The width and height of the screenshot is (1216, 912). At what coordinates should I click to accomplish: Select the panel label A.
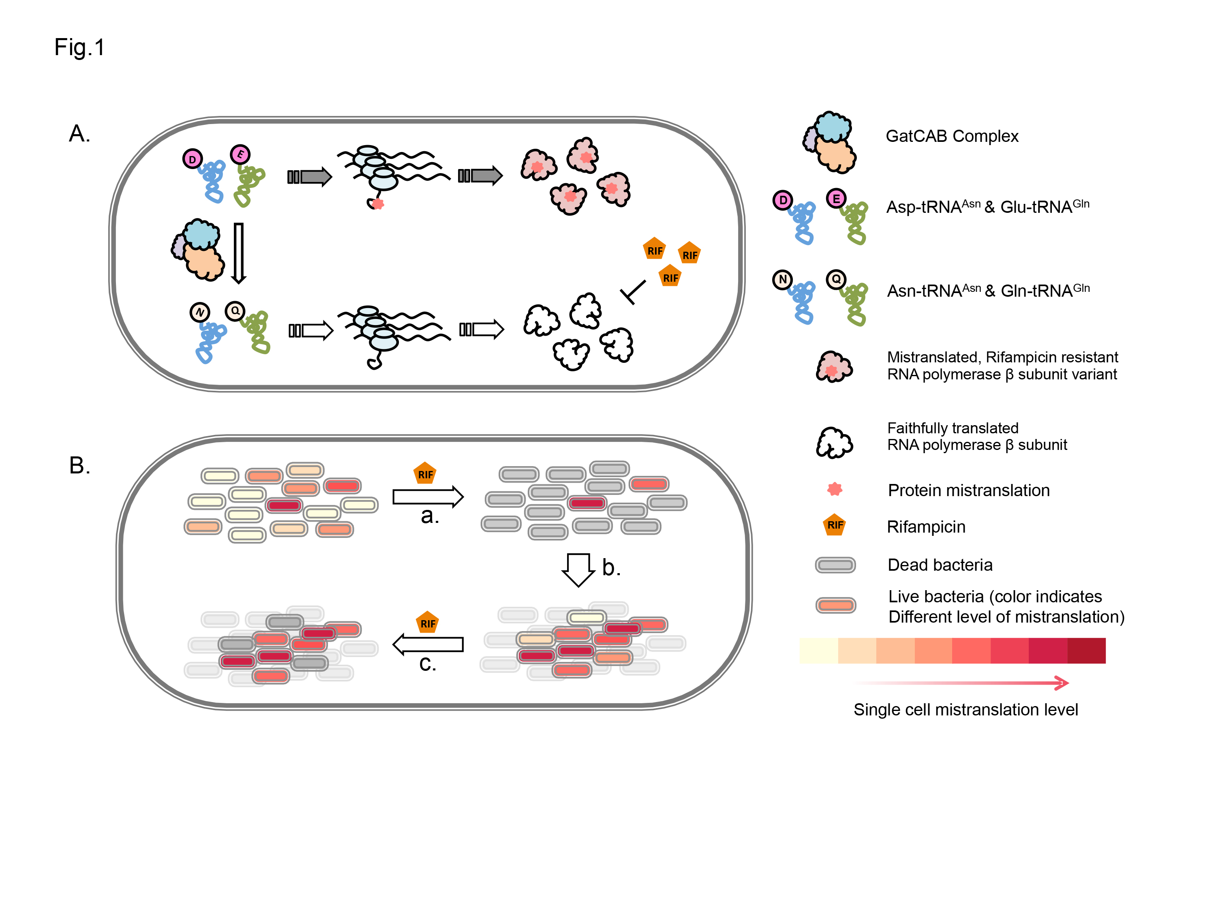[80, 134]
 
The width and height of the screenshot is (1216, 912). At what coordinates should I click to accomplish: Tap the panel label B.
[80, 466]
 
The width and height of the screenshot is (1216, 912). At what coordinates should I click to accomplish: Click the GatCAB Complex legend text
[952, 136]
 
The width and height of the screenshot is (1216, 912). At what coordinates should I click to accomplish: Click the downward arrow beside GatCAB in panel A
[239, 253]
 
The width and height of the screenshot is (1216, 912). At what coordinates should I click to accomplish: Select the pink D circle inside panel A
[193, 159]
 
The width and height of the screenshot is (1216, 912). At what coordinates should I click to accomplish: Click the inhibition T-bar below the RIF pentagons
[633, 292]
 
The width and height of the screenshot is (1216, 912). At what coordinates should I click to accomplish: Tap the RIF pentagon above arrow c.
[428, 623]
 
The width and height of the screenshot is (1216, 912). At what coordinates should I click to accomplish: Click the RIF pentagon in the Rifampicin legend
[835, 525]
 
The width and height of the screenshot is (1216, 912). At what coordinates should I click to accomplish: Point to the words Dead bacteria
[940, 565]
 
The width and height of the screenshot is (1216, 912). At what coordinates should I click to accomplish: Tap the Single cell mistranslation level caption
[966, 710]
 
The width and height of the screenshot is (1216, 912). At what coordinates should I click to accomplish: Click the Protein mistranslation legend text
[969, 490]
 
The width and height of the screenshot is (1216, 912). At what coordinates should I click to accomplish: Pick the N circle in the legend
[783, 280]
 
